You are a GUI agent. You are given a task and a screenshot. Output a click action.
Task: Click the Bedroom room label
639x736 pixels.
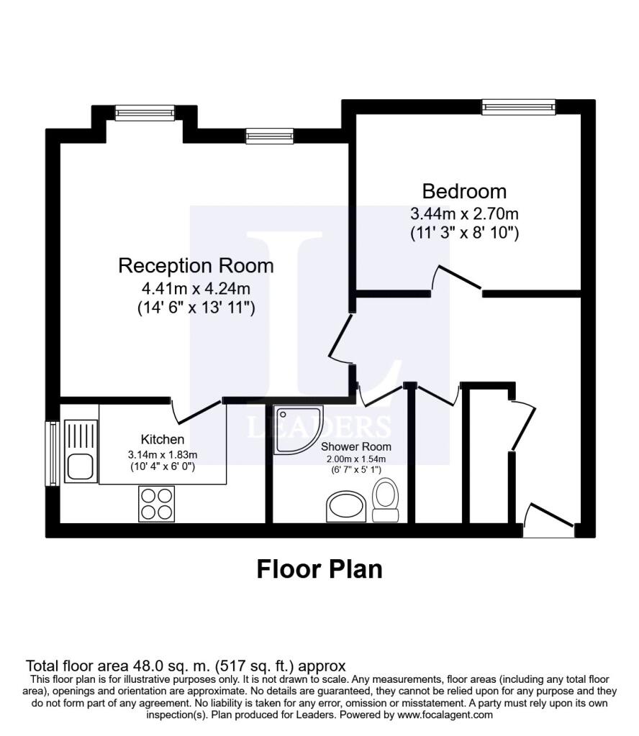(x=464, y=192)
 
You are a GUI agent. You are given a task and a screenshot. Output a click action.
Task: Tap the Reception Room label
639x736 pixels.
(x=196, y=266)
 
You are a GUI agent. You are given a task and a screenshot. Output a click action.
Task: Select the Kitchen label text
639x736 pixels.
(x=162, y=439)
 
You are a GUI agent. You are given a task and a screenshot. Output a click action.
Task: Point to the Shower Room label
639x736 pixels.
(x=356, y=446)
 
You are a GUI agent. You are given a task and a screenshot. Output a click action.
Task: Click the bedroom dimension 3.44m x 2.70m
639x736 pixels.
(x=464, y=213)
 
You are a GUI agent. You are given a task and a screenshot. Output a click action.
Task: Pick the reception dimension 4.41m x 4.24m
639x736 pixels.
(x=196, y=290)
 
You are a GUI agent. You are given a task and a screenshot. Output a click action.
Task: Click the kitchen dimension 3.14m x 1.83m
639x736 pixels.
(x=162, y=454)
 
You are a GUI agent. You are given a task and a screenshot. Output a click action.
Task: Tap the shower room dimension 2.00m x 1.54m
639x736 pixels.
(x=356, y=459)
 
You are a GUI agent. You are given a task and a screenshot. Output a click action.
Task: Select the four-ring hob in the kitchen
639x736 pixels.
(x=157, y=503)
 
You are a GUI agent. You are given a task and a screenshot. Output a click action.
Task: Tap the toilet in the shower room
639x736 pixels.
(x=386, y=500)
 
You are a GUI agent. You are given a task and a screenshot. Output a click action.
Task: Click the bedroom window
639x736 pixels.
(x=519, y=107)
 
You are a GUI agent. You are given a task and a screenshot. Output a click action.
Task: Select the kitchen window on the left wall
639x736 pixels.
(x=51, y=453)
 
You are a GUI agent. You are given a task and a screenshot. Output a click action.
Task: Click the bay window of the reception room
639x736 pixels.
(x=145, y=112)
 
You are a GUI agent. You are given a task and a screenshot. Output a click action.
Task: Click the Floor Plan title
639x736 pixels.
(x=319, y=569)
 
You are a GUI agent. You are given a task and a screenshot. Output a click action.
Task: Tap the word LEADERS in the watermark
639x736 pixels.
(x=319, y=426)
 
